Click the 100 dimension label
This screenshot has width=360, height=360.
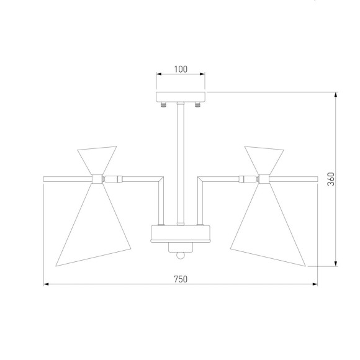pyautogui.click(x=181, y=69)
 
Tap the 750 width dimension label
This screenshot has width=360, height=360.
pyautogui.click(x=181, y=279)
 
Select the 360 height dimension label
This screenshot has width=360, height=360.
pyautogui.click(x=331, y=179)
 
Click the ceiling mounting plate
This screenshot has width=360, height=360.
pyautogui.click(x=181, y=97)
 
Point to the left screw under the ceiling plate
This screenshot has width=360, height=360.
pyautogui.click(x=163, y=105)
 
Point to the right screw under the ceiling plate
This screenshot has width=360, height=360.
pyautogui.click(x=197, y=105)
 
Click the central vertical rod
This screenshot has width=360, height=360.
pyautogui.click(x=181, y=164)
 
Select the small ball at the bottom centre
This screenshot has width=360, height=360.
pyautogui.click(x=181, y=255)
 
